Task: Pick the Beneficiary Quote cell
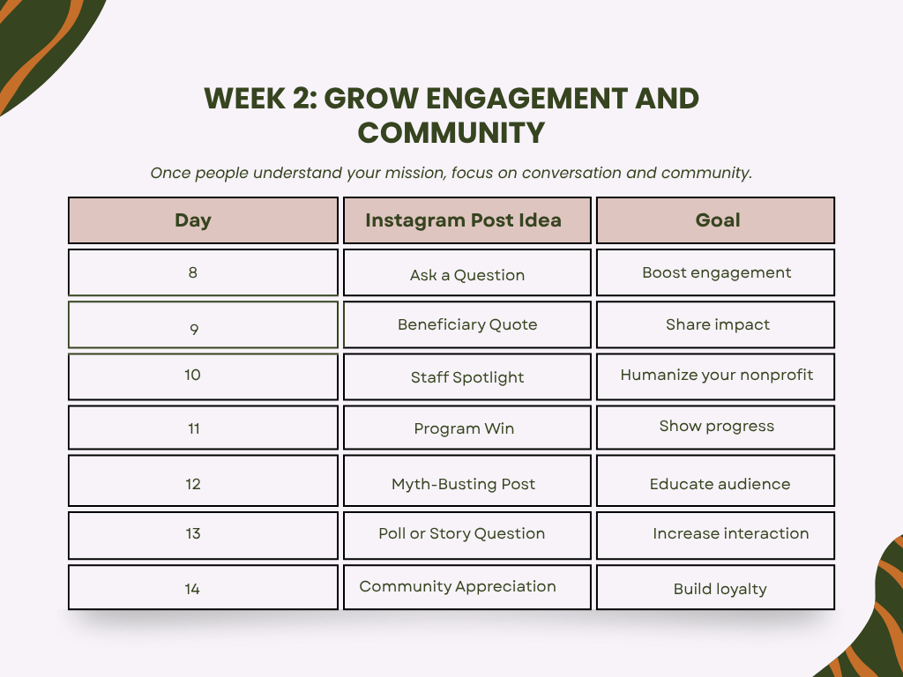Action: coord(467,324)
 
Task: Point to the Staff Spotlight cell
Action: coord(467,377)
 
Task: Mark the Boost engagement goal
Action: coord(716,273)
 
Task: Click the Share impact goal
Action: coord(718,324)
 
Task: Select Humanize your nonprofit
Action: coord(716,376)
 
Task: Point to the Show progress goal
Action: coord(716,427)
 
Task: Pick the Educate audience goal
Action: coord(720,484)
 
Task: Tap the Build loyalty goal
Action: coord(720,589)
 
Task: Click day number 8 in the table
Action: coord(193,272)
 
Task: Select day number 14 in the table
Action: coord(192,589)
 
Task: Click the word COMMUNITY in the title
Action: coord(451,133)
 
